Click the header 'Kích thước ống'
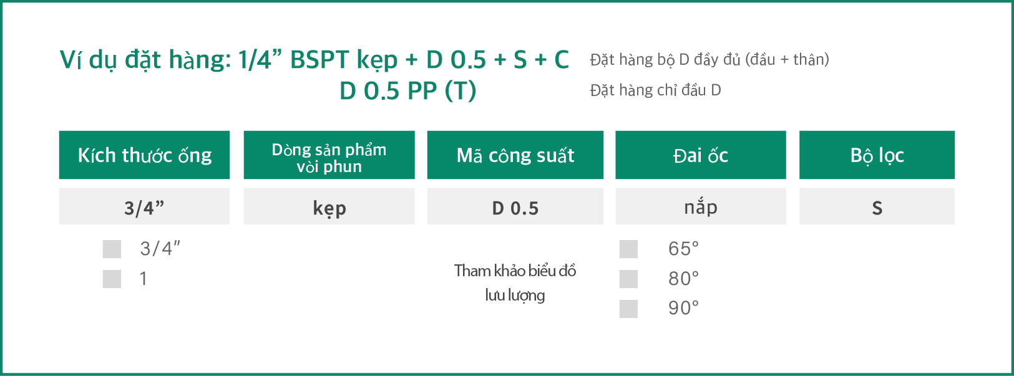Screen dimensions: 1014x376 [x=144, y=155]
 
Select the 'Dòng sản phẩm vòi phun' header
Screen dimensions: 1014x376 [x=329, y=155]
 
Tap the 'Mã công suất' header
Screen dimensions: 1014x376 [x=515, y=155]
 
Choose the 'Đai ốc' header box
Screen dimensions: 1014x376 [x=701, y=155]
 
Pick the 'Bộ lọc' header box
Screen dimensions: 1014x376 [x=877, y=155]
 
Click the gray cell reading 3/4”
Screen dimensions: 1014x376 [x=144, y=206]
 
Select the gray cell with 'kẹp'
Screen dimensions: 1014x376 [x=329, y=206]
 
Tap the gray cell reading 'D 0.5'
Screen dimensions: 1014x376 [x=515, y=206]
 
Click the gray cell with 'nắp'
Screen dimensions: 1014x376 [x=701, y=206]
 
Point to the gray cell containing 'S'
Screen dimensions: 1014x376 [x=877, y=206]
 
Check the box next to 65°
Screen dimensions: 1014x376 [x=628, y=249]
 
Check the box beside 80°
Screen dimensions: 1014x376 [x=628, y=279]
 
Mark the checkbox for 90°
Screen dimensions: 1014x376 [x=628, y=309]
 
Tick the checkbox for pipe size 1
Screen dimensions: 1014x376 [x=112, y=279]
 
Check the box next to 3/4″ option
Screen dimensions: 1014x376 [x=112, y=249]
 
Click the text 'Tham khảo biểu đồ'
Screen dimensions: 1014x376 [x=515, y=271]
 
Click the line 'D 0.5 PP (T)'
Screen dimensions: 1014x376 [x=408, y=91]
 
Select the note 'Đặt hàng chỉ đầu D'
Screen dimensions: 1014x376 [x=655, y=90]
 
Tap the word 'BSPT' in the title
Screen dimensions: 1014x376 [x=319, y=60]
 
